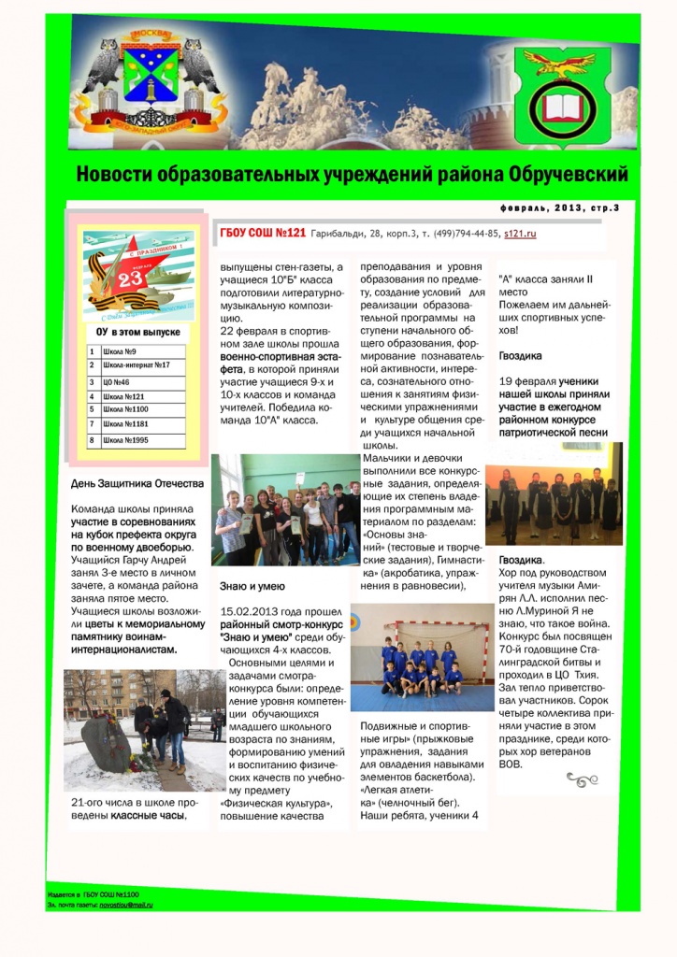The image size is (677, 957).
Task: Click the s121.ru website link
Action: coord(519,235)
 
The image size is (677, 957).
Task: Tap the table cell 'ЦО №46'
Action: coord(118,382)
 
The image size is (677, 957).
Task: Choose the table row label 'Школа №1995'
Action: coord(127,439)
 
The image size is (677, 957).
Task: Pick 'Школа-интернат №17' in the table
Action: coord(137,365)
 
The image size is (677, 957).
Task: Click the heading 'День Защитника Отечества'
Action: coord(137,484)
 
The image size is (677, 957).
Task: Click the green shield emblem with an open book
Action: coord(562,103)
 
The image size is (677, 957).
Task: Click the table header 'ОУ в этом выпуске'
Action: coord(137,332)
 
